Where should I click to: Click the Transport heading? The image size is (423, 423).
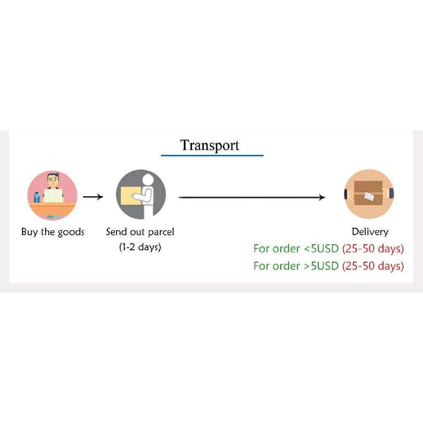pyautogui.click(x=209, y=146)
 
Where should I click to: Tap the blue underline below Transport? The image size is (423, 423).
pyautogui.click(x=212, y=155)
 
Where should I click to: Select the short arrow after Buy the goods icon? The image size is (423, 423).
pyautogui.click(x=93, y=197)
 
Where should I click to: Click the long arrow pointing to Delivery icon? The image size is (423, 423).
pyautogui.click(x=252, y=197)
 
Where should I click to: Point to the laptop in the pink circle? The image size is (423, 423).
pyautogui.click(x=53, y=195)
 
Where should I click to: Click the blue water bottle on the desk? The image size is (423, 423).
pyautogui.click(x=36, y=197)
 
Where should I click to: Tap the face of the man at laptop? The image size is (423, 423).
pyautogui.click(x=52, y=180)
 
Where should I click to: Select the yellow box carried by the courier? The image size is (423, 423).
pyautogui.click(x=131, y=195)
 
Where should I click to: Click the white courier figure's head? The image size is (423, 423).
pyautogui.click(x=148, y=180)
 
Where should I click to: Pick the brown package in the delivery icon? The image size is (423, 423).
pyautogui.click(x=368, y=193)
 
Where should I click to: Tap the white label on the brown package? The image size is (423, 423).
pyautogui.click(x=369, y=196)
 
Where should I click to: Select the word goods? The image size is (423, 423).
pyautogui.click(x=71, y=232)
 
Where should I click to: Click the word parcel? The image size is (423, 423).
pyautogui.click(x=161, y=232)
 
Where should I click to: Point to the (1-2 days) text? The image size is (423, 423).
pyautogui.click(x=140, y=247)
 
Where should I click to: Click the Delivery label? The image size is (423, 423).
pyautogui.click(x=370, y=232)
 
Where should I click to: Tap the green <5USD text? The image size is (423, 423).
pyautogui.click(x=321, y=248)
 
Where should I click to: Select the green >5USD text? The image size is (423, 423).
pyautogui.click(x=321, y=266)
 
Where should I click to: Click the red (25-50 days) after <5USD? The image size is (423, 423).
pyautogui.click(x=373, y=249)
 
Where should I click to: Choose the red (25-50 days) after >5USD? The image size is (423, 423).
pyautogui.click(x=373, y=266)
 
